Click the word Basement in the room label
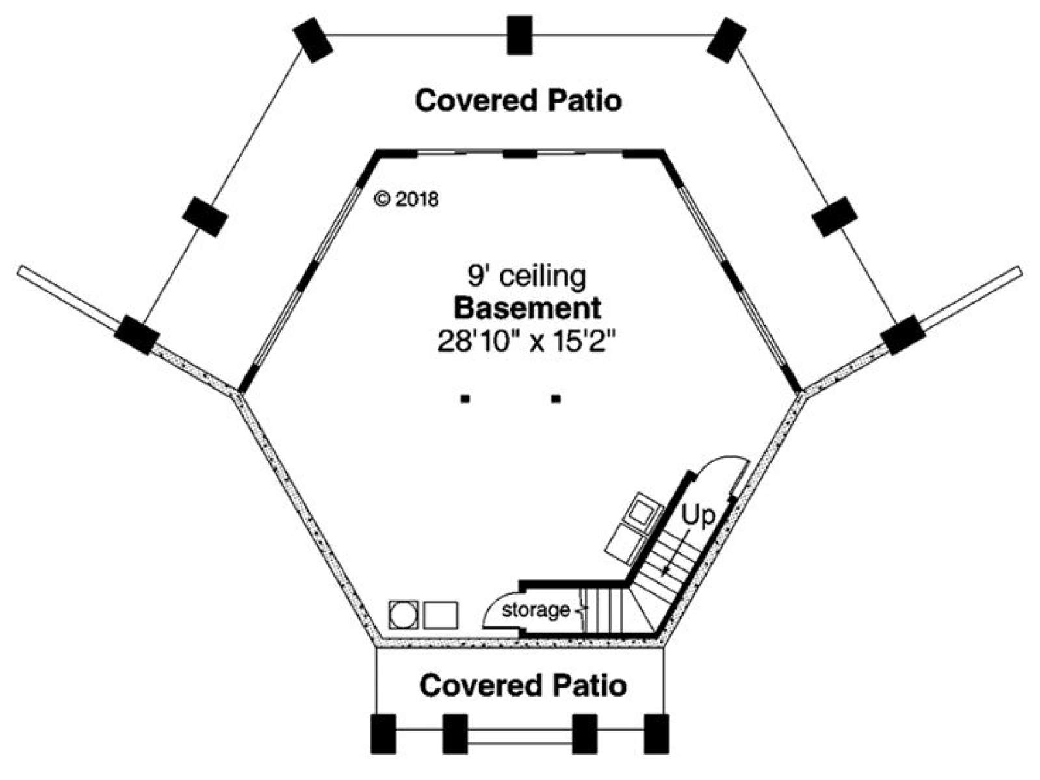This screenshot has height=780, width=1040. pos(527,308)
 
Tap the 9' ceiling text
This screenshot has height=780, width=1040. pos(527,277)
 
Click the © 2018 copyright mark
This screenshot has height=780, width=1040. pos(406,200)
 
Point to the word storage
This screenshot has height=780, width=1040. pos(536,610)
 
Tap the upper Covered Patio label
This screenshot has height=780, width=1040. pos(518,101)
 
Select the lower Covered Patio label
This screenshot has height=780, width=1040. pos(523,686)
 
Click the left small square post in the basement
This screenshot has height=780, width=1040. pos(465,399)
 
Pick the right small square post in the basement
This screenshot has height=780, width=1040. pos(556,399)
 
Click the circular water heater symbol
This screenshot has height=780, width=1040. pos(403,615)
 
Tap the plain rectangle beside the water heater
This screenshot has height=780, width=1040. pos(441,615)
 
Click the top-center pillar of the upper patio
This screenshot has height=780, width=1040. pos(519,35)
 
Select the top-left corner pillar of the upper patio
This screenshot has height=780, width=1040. pos(313,40)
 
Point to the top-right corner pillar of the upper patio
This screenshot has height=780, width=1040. pos(727,40)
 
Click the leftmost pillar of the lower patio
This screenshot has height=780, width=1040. pos(383,734)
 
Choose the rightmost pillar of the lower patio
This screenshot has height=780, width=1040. pos(656,734)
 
